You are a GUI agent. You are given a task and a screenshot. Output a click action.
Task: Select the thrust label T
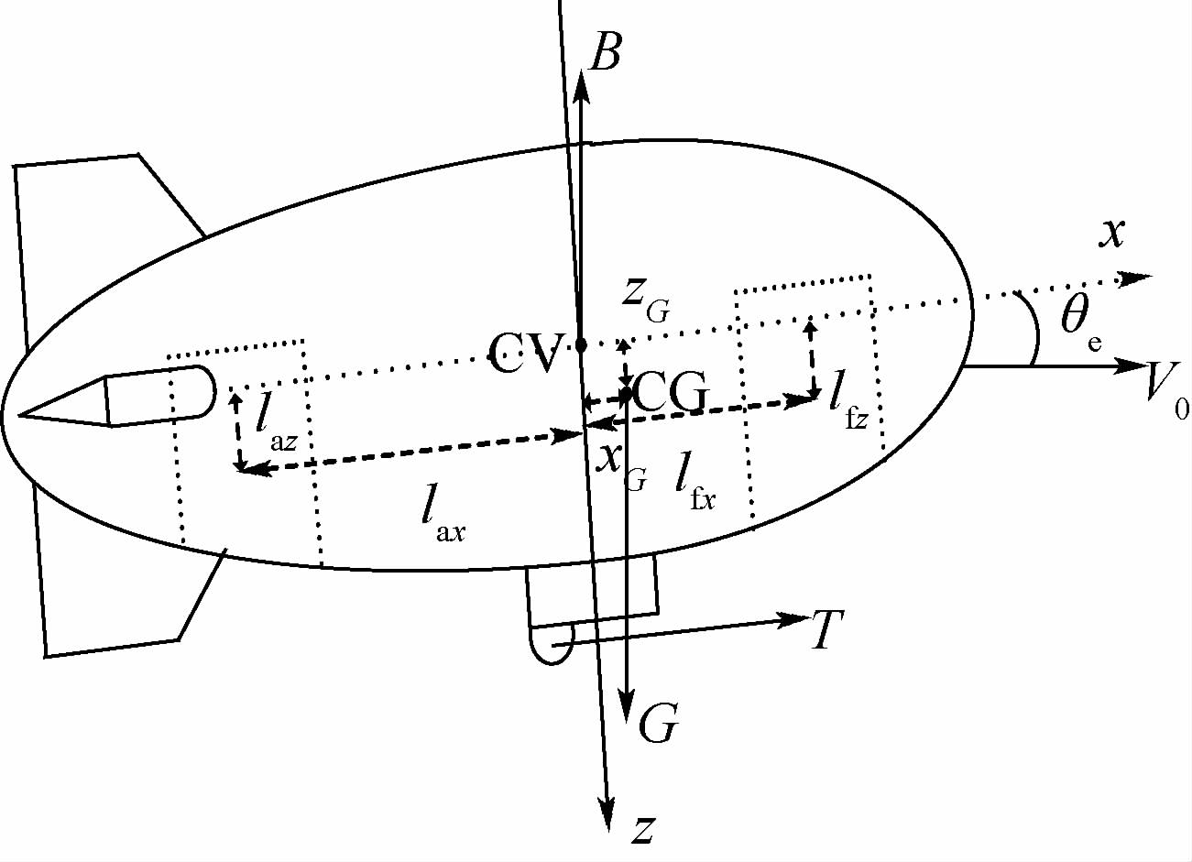coord(827,630)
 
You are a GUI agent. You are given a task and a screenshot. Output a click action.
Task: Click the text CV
coord(525,353)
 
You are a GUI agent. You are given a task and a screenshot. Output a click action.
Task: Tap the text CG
coord(671,394)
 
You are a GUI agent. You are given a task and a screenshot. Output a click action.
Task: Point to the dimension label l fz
coord(848,407)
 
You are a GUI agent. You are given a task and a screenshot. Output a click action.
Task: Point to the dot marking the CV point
coord(581,345)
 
